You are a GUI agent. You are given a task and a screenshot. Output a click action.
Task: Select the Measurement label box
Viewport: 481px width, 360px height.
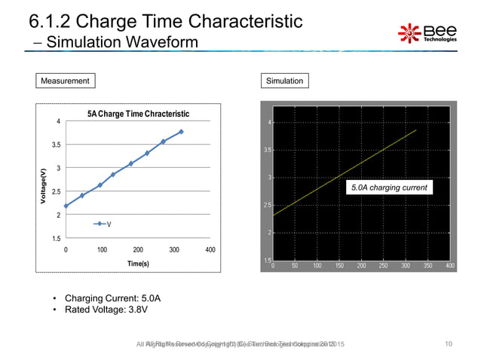point(66,81)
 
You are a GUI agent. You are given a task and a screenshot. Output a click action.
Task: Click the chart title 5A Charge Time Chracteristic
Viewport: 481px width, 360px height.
point(137,114)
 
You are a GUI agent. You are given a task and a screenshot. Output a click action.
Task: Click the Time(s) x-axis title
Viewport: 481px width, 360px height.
point(137,264)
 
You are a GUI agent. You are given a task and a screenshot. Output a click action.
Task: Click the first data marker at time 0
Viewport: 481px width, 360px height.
point(66,206)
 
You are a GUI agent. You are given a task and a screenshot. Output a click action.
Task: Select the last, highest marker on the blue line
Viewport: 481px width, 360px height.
point(182,132)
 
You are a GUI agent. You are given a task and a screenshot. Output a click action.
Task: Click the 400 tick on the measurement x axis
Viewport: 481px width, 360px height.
point(210,249)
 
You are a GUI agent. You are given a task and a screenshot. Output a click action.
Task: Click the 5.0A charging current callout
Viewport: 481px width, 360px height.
point(389,188)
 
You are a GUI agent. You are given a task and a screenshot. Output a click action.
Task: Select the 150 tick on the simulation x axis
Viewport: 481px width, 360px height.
point(339,266)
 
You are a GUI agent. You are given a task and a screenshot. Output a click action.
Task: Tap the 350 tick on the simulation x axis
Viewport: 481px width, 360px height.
point(427,266)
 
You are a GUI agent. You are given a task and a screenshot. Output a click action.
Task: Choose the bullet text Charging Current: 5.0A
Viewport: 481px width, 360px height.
point(112,297)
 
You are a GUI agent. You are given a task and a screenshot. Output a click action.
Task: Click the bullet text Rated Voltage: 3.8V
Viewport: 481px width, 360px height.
point(106,310)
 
